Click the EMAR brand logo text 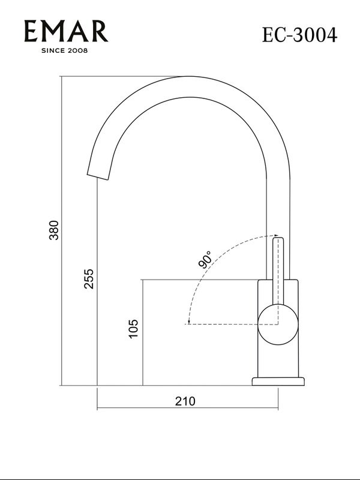66,31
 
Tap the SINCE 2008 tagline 64,51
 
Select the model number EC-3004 299,35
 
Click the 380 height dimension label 55,231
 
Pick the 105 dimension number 134,329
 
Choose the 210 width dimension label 185,401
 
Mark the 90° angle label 205,260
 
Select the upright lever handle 278,270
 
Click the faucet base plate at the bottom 278,381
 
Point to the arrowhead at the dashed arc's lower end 188,322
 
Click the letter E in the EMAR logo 31,31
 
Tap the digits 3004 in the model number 314,35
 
